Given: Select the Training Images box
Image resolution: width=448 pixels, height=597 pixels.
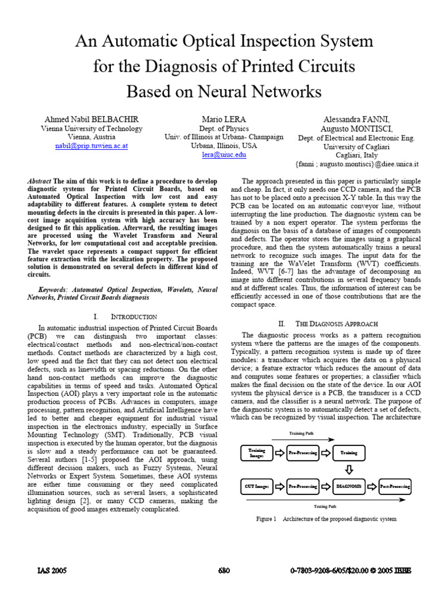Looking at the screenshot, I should point(257,452).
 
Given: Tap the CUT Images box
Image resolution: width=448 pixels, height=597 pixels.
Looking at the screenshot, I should point(257,486).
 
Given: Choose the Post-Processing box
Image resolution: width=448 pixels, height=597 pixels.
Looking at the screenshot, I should point(395,486).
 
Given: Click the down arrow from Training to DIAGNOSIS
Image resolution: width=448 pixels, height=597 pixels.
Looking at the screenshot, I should point(349,469).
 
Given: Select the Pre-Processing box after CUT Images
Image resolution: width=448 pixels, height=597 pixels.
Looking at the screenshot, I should point(303,486).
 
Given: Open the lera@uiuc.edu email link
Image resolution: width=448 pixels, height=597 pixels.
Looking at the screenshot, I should point(224,154).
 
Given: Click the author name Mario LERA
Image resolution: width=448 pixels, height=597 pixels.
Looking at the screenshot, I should point(224,119).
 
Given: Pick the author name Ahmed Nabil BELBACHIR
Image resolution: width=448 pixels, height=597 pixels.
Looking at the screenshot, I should point(91,119).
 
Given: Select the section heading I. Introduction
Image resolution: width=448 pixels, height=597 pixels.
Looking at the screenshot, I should point(125,317).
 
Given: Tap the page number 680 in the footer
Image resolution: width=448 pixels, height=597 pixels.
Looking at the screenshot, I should point(225,571).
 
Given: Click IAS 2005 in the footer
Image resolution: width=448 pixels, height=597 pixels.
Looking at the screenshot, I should point(51,571).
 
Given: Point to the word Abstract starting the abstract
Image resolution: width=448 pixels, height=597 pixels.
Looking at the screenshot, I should point(40,181).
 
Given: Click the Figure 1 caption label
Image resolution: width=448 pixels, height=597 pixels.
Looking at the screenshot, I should point(266,519).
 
